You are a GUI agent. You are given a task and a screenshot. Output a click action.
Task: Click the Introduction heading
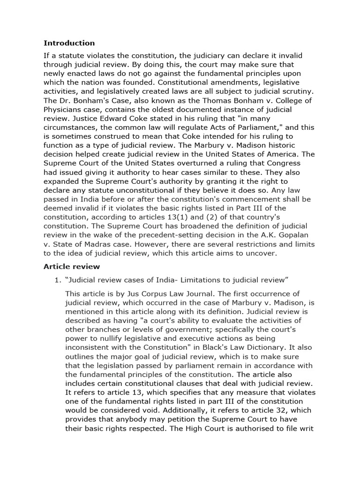(69, 43)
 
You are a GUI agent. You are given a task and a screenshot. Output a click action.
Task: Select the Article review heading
(71, 267)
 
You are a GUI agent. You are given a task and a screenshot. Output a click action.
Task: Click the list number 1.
(58, 280)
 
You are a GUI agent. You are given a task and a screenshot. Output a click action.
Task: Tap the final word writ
(307, 428)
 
